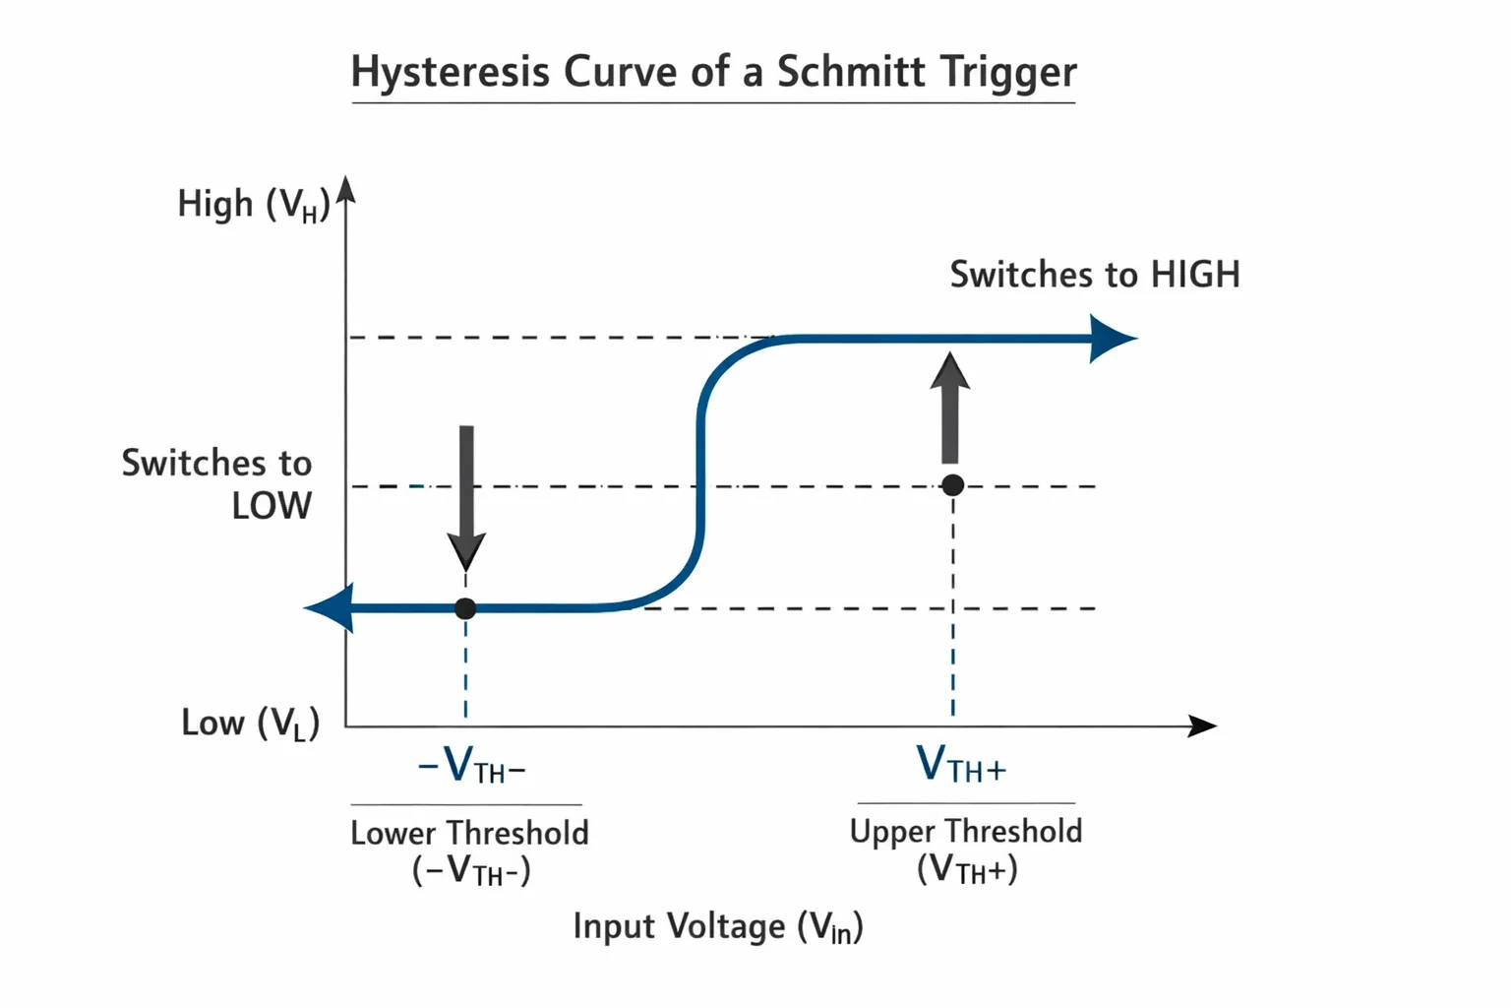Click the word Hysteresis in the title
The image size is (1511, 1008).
tap(451, 72)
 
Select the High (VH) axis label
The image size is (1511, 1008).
tap(254, 204)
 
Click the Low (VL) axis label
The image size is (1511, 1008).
tap(250, 724)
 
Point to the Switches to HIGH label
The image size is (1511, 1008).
tap(1095, 274)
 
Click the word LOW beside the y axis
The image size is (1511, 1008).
tap(272, 506)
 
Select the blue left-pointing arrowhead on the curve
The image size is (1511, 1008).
tap(329, 608)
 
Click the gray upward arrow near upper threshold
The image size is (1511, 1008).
tap(949, 408)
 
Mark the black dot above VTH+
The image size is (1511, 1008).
tap(952, 484)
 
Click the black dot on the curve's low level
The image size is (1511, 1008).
tap(465, 608)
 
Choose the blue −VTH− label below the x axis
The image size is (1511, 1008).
tap(471, 766)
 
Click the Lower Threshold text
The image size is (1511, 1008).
tap(469, 833)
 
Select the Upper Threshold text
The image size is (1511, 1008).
tap(966, 832)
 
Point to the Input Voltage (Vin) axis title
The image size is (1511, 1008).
tap(718, 927)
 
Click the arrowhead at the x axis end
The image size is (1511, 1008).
tap(1202, 726)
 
